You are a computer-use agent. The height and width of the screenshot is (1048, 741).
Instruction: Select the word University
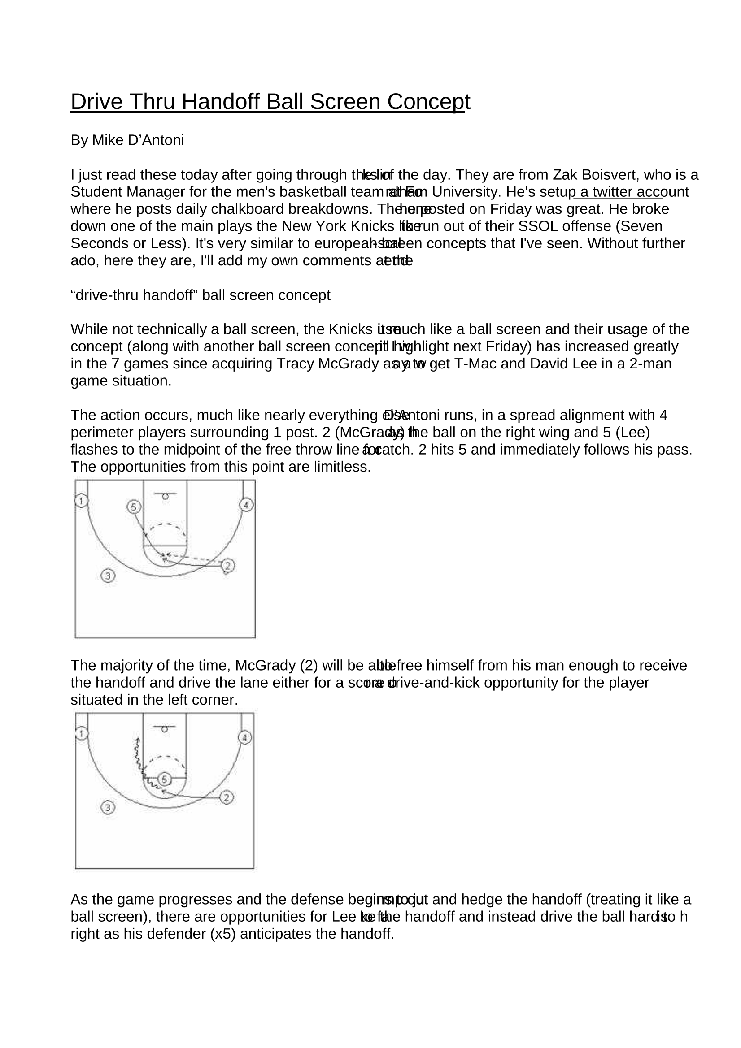466,192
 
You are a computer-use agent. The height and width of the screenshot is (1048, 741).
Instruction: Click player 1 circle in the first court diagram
81,501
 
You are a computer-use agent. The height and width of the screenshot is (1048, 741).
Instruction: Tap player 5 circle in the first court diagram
134,507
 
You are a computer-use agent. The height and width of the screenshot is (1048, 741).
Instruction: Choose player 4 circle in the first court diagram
246,505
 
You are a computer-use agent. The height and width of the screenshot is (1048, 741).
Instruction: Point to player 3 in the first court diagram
108,576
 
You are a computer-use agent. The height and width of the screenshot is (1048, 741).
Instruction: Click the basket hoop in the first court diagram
166,497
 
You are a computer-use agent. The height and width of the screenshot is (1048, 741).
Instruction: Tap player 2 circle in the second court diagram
227,797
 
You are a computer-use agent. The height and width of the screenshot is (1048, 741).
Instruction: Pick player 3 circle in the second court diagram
108,808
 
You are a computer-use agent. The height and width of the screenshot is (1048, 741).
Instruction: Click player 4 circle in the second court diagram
245,738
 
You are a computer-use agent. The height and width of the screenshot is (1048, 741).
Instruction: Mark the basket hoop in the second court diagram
165,729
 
